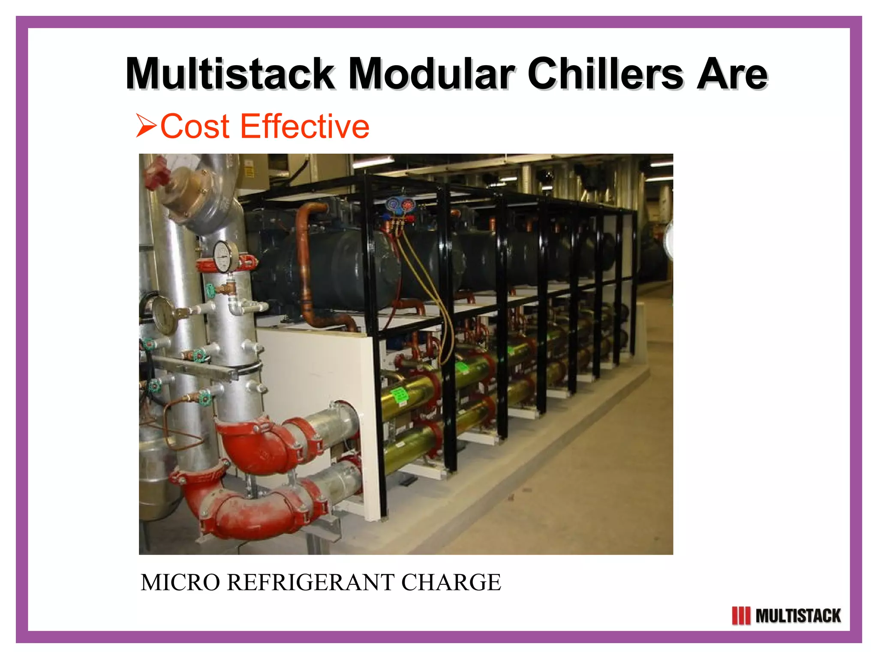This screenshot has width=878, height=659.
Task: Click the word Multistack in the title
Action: [230, 74]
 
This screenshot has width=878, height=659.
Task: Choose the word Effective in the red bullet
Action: [305, 126]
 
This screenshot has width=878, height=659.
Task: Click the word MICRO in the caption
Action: [180, 583]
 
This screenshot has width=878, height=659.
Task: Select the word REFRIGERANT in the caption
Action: [310, 583]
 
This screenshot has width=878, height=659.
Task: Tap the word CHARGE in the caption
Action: [451, 583]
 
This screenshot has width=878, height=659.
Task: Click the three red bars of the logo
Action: [741, 616]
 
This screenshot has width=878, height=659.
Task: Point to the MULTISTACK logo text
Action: [798, 616]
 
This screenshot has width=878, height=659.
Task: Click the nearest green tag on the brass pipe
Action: [400, 394]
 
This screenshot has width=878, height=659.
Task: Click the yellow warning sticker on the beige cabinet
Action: [249, 171]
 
